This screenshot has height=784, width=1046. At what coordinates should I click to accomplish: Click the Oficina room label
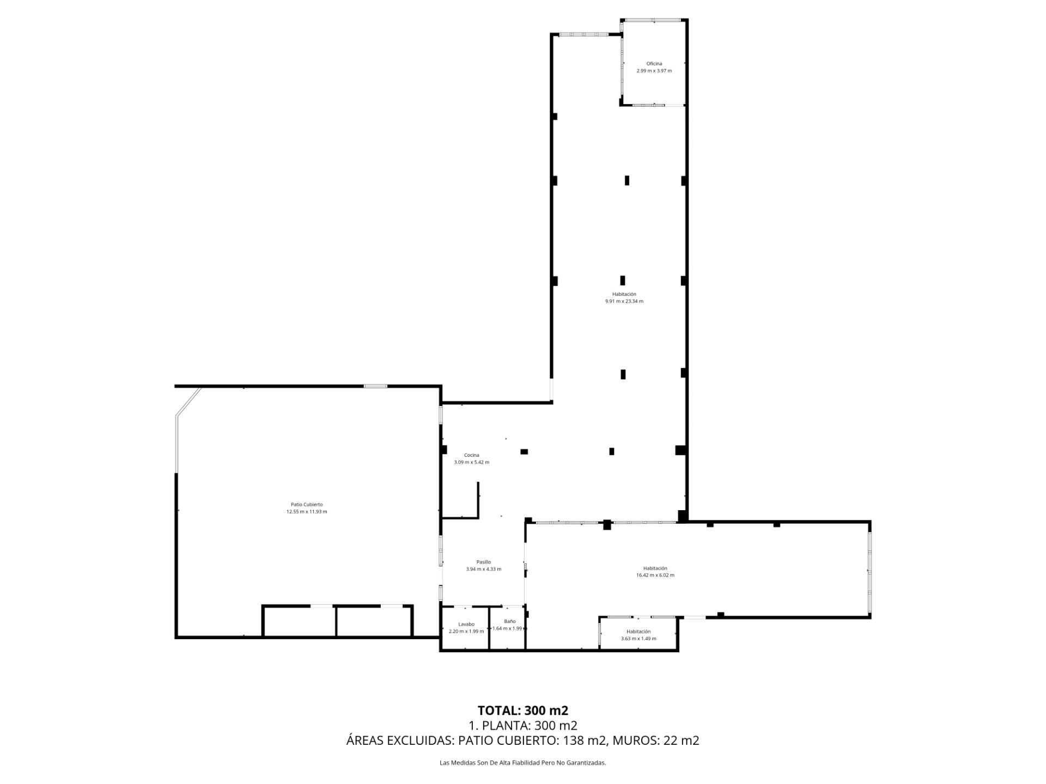coord(654,64)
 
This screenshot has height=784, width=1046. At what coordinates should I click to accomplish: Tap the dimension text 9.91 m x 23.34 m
coord(624,301)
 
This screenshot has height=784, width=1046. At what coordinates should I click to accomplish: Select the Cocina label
coord(471,455)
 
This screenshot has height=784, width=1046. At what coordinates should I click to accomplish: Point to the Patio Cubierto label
coord(307,505)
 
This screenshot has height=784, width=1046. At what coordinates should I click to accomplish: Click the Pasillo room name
coord(483,562)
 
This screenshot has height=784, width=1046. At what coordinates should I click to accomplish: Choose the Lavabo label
coord(466,624)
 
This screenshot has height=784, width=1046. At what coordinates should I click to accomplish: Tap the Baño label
coord(509,621)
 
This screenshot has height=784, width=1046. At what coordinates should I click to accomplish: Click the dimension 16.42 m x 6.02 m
coord(655,575)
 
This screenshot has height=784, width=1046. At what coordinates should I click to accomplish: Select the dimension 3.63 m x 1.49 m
coord(638,639)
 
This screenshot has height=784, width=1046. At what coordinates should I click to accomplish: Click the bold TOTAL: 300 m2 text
coord(523,710)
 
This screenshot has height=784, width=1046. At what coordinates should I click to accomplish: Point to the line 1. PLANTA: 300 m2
coord(523,725)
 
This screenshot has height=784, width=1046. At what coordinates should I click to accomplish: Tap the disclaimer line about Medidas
coord(523,763)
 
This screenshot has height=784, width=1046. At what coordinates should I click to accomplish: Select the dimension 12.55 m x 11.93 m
coord(307,512)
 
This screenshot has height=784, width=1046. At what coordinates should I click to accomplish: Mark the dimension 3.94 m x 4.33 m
coord(483,569)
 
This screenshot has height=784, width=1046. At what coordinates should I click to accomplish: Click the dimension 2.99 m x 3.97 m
coord(654,71)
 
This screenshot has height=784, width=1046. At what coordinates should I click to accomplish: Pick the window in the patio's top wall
coord(375,386)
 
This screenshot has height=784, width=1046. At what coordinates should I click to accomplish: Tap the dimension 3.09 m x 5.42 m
coord(471,462)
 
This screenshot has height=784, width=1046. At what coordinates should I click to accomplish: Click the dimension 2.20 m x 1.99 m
coord(466,631)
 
